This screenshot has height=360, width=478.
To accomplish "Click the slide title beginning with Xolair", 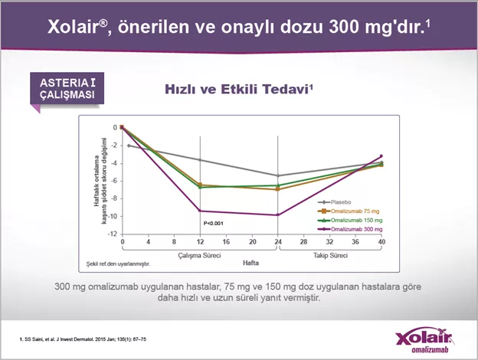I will pyautogui.click(x=238, y=28).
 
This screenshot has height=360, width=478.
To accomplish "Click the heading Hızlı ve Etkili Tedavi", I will pyautogui.click(x=240, y=90).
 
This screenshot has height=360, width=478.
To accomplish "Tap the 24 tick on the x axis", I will pyautogui.click(x=278, y=242).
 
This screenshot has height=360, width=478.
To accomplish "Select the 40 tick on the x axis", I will pyautogui.click(x=381, y=242).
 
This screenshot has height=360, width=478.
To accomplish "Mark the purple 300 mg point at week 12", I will pyautogui.click(x=201, y=211).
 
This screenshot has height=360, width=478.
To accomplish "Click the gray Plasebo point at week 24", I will pyautogui.click(x=278, y=175).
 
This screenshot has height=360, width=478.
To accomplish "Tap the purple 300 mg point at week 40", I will pyautogui.click(x=381, y=156).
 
